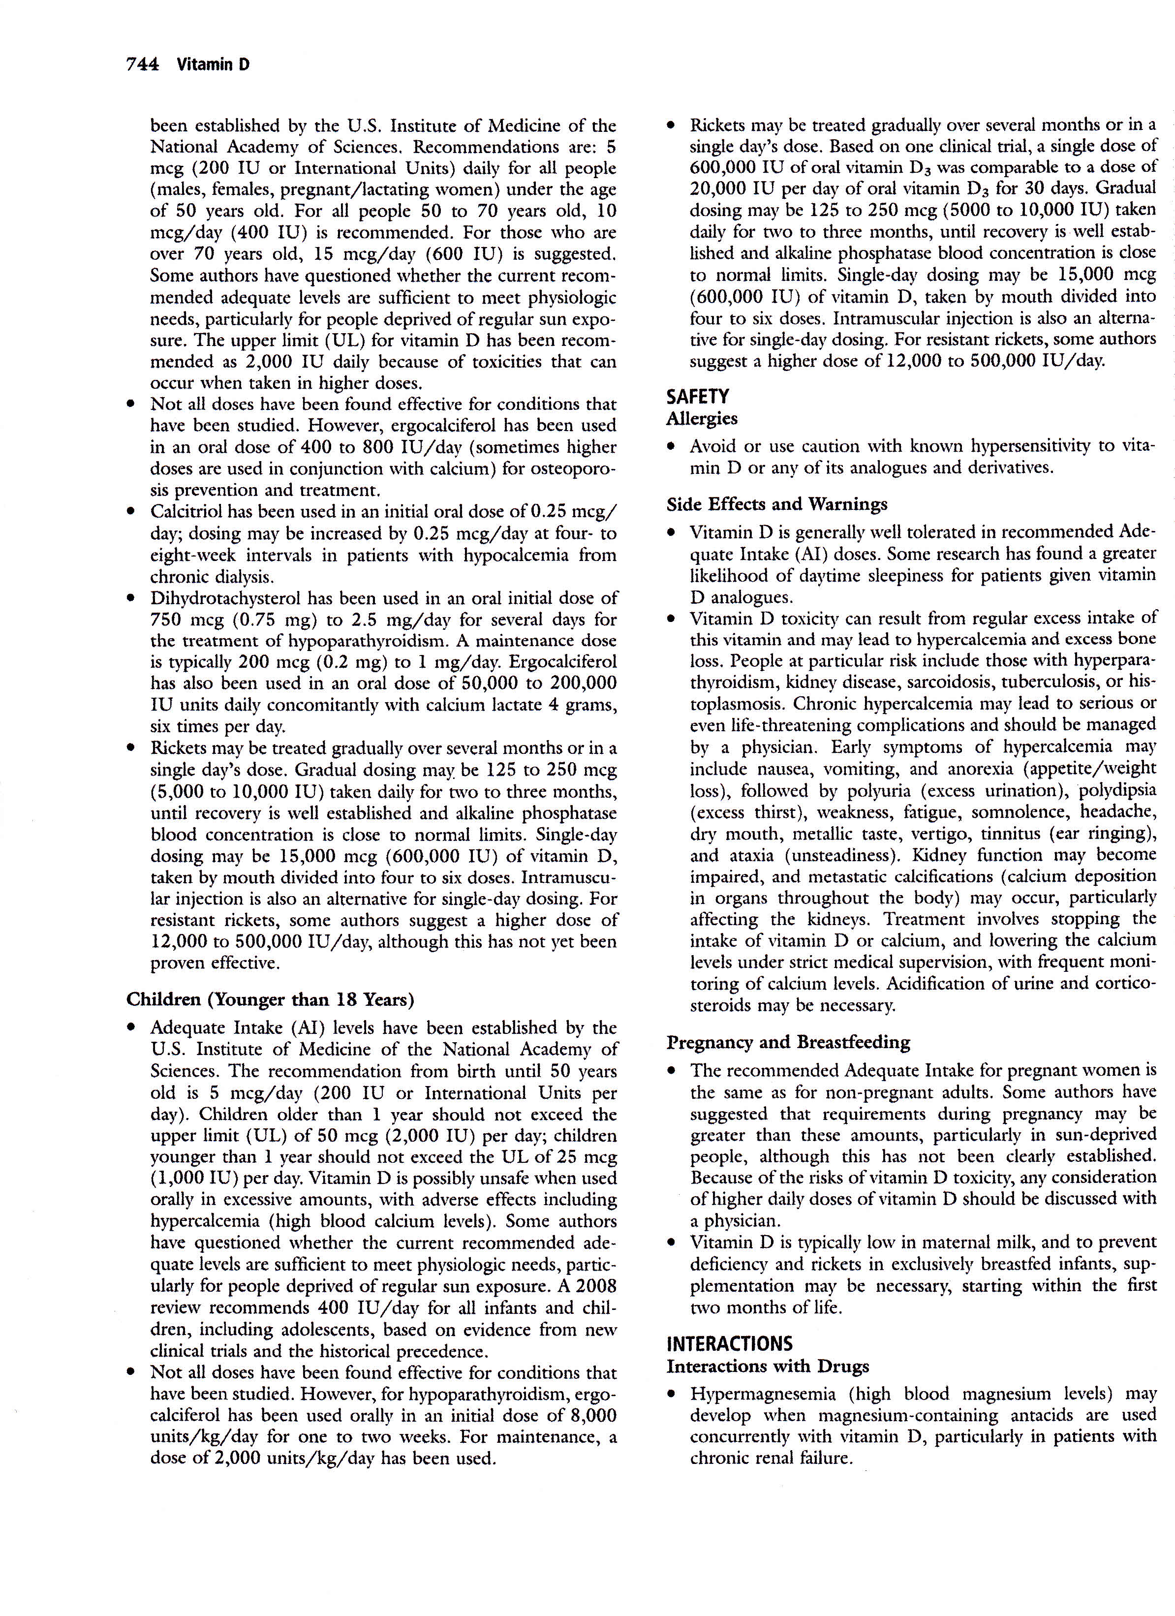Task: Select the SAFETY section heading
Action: tap(698, 396)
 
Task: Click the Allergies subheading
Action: tap(702, 418)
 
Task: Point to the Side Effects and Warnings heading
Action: tap(776, 504)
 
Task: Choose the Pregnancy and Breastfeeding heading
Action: tap(788, 1042)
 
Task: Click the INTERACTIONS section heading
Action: tap(729, 1344)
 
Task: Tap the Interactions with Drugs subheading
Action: tap(768, 1366)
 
